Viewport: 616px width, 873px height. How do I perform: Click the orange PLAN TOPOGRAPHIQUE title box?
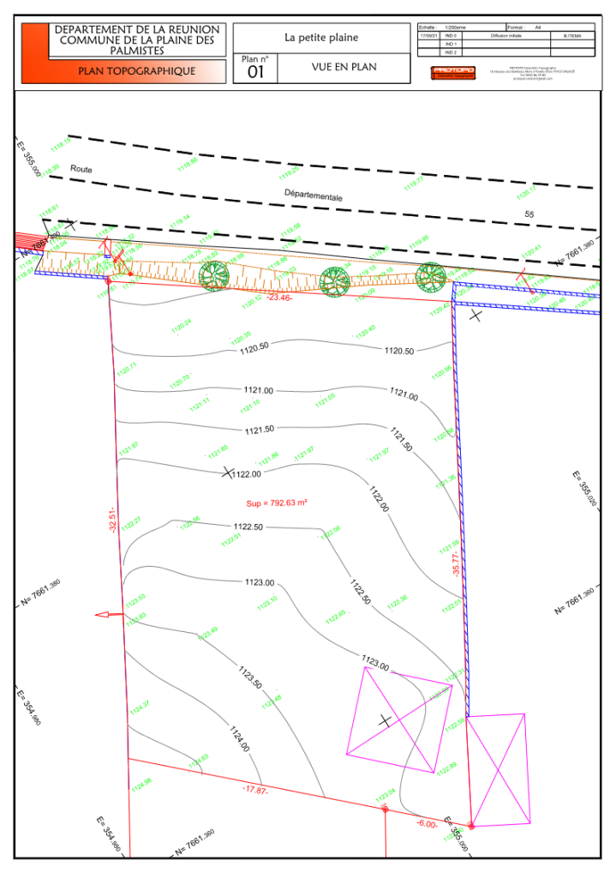137,71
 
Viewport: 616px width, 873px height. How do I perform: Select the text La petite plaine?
321,38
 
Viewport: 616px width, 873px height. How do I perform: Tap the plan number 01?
256,73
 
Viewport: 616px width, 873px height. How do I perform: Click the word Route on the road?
81,170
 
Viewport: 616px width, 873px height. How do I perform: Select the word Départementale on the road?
314,196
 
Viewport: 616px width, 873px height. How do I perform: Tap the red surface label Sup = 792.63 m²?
271,503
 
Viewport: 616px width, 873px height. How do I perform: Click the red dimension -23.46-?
280,298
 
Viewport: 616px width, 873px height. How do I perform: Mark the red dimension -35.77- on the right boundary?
456,563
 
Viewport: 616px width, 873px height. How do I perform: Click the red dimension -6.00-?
428,823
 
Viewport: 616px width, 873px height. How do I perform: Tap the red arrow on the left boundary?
107,614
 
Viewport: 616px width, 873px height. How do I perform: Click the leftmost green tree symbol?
214,274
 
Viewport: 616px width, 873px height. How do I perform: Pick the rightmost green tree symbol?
431,276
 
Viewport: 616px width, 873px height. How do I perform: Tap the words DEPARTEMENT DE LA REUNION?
137,29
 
